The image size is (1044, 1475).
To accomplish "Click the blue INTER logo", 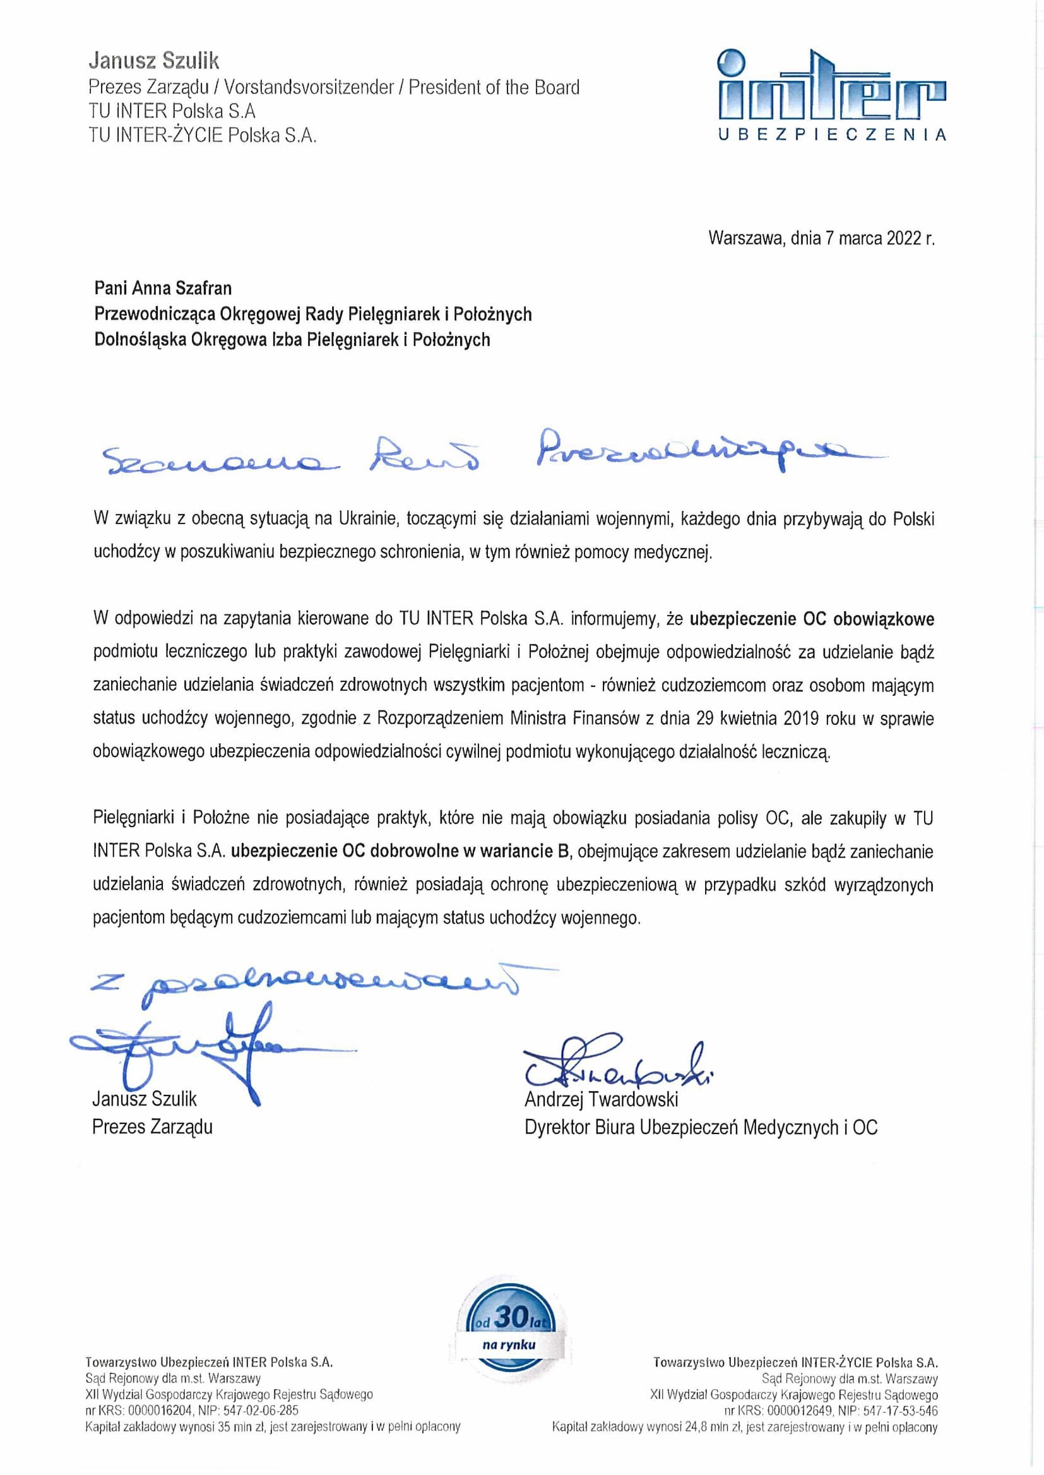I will click(831, 87).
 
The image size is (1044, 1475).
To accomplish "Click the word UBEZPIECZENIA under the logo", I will click(831, 135).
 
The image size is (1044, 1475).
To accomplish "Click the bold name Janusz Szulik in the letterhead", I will click(153, 61).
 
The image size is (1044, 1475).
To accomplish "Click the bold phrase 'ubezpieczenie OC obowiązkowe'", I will click(811, 619).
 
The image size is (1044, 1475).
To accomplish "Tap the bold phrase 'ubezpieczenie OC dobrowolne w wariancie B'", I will click(401, 851).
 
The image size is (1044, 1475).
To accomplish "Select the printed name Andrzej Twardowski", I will click(601, 1099).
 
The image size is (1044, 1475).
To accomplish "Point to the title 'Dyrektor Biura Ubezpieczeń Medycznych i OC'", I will click(701, 1127).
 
